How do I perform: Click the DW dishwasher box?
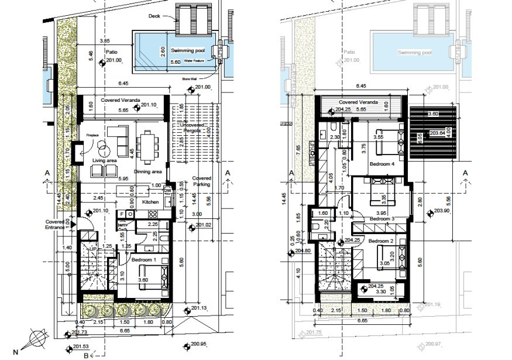point(167,191)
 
